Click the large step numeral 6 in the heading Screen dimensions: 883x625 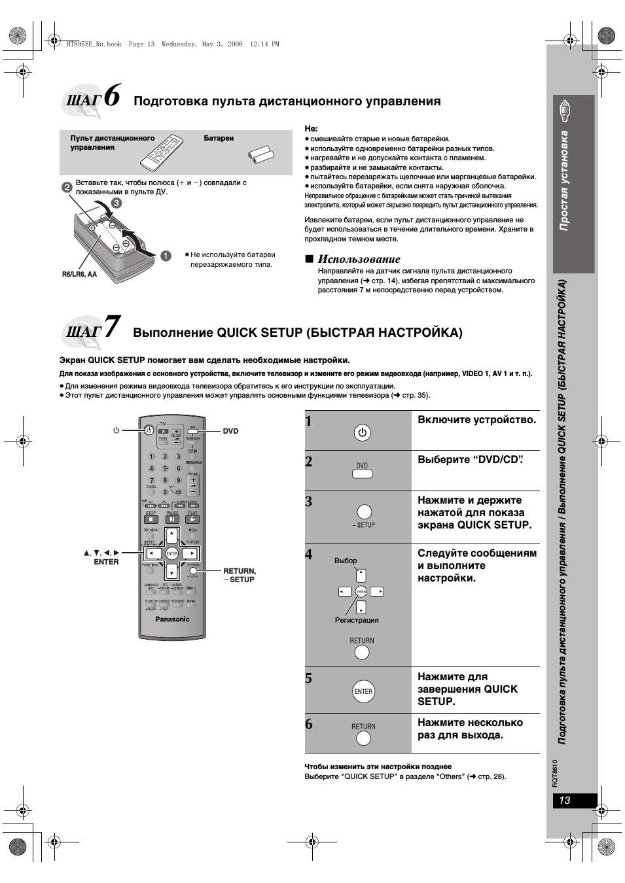pyautogui.click(x=112, y=95)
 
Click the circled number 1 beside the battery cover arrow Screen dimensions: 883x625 pyautogui.click(x=166, y=256)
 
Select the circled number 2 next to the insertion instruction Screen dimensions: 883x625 pyautogui.click(x=67, y=187)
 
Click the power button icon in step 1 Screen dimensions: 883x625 pyautogui.click(x=363, y=432)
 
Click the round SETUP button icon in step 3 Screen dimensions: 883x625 pyautogui.click(x=364, y=511)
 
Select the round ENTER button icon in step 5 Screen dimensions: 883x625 pyautogui.click(x=363, y=691)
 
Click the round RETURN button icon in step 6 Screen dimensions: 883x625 pyautogui.click(x=363, y=738)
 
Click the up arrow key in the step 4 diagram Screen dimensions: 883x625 pyautogui.click(x=361, y=576)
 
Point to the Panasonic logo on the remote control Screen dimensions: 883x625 pyautogui.click(x=172, y=619)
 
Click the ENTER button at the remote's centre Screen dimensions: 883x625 pyautogui.click(x=172, y=553)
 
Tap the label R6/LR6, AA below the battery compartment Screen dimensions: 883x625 pyautogui.click(x=79, y=274)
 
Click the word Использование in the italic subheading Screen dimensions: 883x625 pyautogui.click(x=359, y=259)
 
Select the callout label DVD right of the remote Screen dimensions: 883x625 pyautogui.click(x=230, y=431)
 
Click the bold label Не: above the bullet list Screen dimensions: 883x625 pyautogui.click(x=311, y=129)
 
